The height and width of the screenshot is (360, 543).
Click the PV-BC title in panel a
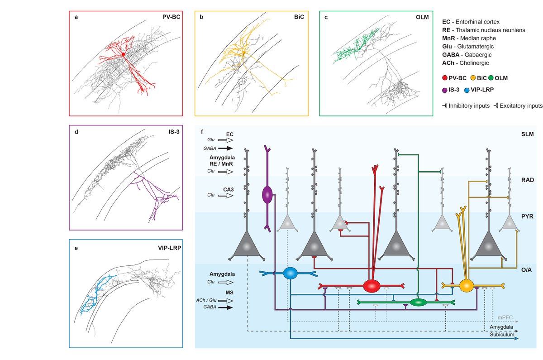[x=171, y=17]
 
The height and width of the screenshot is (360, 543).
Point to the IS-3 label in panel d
[x=172, y=132]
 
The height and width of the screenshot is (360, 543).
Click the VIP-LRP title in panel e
[x=167, y=248]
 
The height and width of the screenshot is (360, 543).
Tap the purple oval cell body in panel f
[x=267, y=194]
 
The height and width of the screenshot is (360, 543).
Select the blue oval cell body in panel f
[x=290, y=273]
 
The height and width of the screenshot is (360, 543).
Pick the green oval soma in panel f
[x=419, y=302]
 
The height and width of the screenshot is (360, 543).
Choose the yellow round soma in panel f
[x=466, y=286]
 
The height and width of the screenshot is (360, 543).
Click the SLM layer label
[x=527, y=134]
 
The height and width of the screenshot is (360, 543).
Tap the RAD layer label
[x=527, y=180]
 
